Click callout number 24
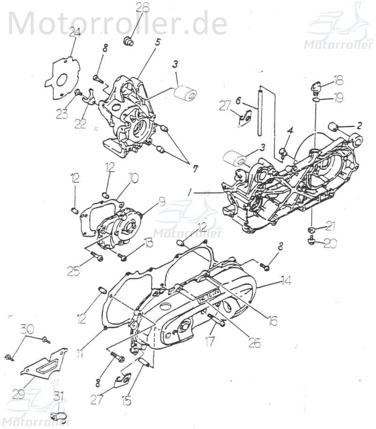click(x=74, y=32)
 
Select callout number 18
click(x=338, y=79)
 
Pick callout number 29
click(x=18, y=394)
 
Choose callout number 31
click(x=58, y=396)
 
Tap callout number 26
click(x=254, y=343)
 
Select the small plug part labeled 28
click(x=128, y=42)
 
